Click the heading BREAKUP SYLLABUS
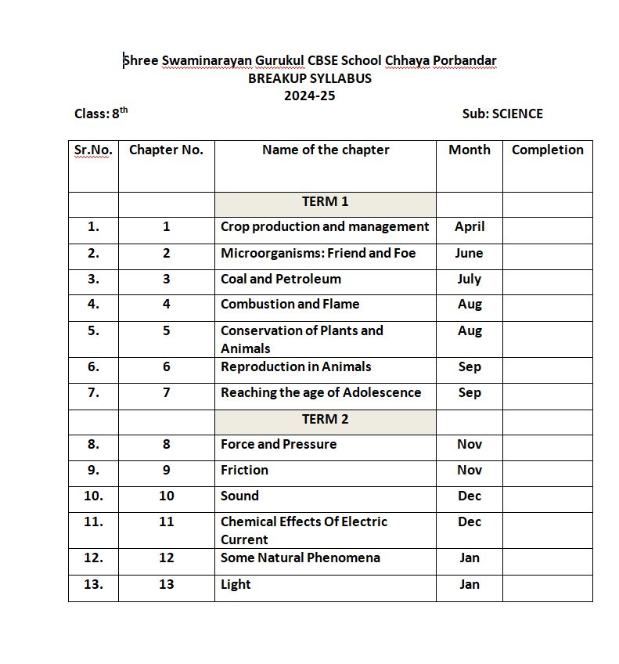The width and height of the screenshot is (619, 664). (x=310, y=78)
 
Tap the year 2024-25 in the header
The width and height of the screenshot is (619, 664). (x=310, y=96)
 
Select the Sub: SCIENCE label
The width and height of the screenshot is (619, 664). (x=502, y=114)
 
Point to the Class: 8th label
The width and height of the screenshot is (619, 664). (x=101, y=114)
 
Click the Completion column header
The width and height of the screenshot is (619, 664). (x=547, y=150)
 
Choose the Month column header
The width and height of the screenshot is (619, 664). (x=470, y=150)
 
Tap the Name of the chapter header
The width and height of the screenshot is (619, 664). (x=326, y=150)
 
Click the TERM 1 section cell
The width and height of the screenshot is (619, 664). (x=326, y=201)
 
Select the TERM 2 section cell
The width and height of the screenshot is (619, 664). (x=326, y=419)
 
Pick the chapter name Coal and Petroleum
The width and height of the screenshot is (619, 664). (x=281, y=279)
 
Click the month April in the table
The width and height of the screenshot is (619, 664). (x=470, y=226)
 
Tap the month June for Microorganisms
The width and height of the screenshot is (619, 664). (x=470, y=253)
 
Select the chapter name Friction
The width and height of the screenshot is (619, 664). (x=244, y=470)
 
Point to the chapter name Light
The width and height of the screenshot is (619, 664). (x=236, y=584)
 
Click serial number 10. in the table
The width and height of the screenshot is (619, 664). (x=93, y=496)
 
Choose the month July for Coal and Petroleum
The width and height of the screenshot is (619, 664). (x=470, y=279)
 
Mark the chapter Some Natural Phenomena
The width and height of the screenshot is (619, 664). (x=301, y=558)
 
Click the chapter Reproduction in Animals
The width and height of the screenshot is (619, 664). (x=296, y=366)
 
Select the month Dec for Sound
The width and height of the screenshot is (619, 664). (x=470, y=496)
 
